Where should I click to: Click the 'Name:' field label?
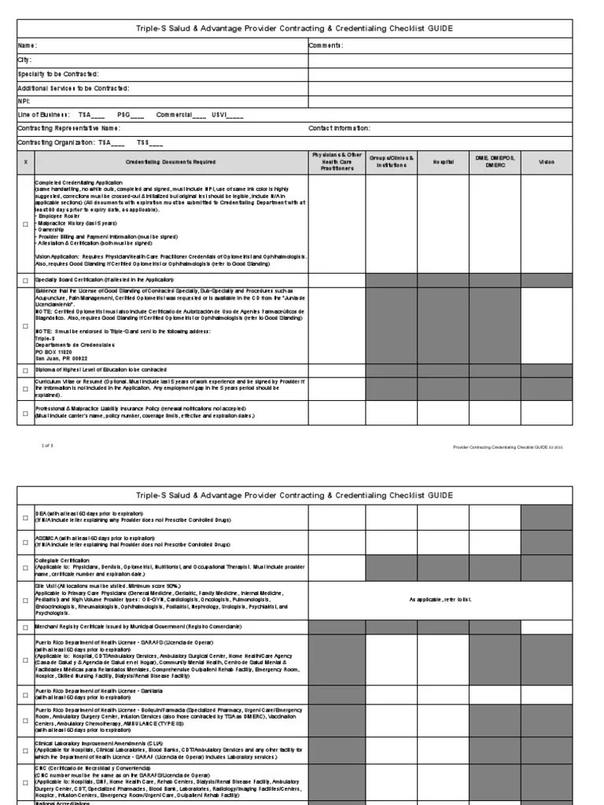(28, 46)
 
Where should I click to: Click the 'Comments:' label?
(326, 46)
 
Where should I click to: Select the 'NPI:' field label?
(25, 101)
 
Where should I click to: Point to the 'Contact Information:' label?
(339, 128)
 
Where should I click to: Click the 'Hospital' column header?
(442, 162)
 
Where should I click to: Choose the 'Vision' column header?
(546, 162)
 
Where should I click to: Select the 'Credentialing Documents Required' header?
(171, 162)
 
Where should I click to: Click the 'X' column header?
(25, 162)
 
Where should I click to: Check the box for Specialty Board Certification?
(25, 280)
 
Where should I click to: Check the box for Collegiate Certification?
(25, 568)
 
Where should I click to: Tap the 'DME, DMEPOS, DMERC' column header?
(494, 162)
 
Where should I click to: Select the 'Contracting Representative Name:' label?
(69, 128)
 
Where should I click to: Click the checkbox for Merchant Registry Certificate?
(25, 627)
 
